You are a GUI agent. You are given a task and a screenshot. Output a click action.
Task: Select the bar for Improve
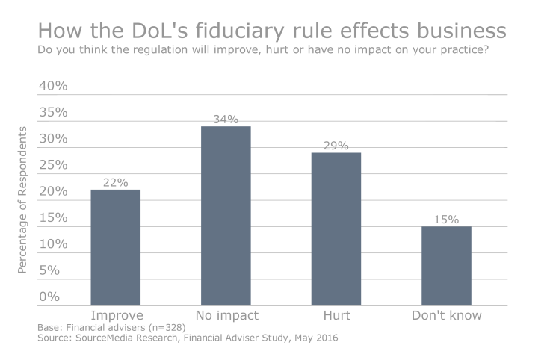(115, 247)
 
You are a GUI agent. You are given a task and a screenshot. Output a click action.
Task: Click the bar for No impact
(226, 216)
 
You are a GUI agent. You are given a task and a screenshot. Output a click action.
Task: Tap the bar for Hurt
(336, 229)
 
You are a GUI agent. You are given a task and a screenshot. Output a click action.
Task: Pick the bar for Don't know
(446, 266)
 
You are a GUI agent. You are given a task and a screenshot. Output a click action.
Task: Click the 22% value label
(116, 182)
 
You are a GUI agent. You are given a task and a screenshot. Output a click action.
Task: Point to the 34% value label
(226, 119)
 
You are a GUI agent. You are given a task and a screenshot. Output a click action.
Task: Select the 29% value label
(336, 146)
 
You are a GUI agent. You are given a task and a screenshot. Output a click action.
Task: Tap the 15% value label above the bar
(446, 220)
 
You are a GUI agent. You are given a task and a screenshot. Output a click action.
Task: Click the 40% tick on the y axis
(53, 86)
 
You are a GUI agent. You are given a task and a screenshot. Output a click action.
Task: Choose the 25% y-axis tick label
(53, 165)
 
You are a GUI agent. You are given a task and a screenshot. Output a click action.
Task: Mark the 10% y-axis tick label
(53, 244)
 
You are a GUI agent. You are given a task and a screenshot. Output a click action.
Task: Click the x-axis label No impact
(226, 315)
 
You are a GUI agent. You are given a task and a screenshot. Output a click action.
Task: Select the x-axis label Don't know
(446, 315)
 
